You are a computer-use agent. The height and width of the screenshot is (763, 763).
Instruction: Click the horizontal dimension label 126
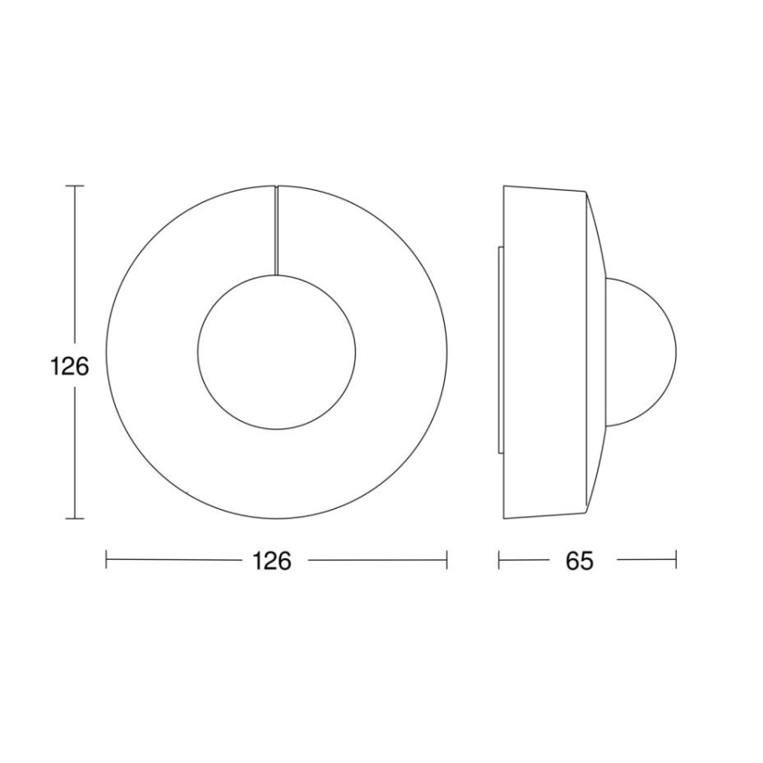pos(272,561)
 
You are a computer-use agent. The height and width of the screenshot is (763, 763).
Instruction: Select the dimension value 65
pos(579,561)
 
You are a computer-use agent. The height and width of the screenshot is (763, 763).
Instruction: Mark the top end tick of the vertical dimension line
pos(75,186)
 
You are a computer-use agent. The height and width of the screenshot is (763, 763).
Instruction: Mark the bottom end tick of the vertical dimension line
pos(75,519)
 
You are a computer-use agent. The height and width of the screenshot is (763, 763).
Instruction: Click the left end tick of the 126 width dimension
pos(106,560)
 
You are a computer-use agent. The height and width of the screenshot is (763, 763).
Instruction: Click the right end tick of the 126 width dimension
pos(447,560)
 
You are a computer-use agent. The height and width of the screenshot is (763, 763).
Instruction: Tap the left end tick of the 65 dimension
pos(499,560)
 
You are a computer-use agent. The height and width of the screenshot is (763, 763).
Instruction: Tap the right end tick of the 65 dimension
pos(675,560)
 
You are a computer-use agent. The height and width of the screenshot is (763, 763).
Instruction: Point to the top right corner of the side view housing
pos(584,189)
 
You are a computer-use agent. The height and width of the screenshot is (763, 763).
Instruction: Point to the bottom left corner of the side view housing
pos(505,518)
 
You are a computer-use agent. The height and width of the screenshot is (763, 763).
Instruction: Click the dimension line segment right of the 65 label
pos(646,560)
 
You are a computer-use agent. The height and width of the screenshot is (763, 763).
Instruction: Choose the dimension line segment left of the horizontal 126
pos(176,560)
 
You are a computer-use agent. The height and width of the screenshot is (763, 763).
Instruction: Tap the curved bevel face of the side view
pos(596,264)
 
